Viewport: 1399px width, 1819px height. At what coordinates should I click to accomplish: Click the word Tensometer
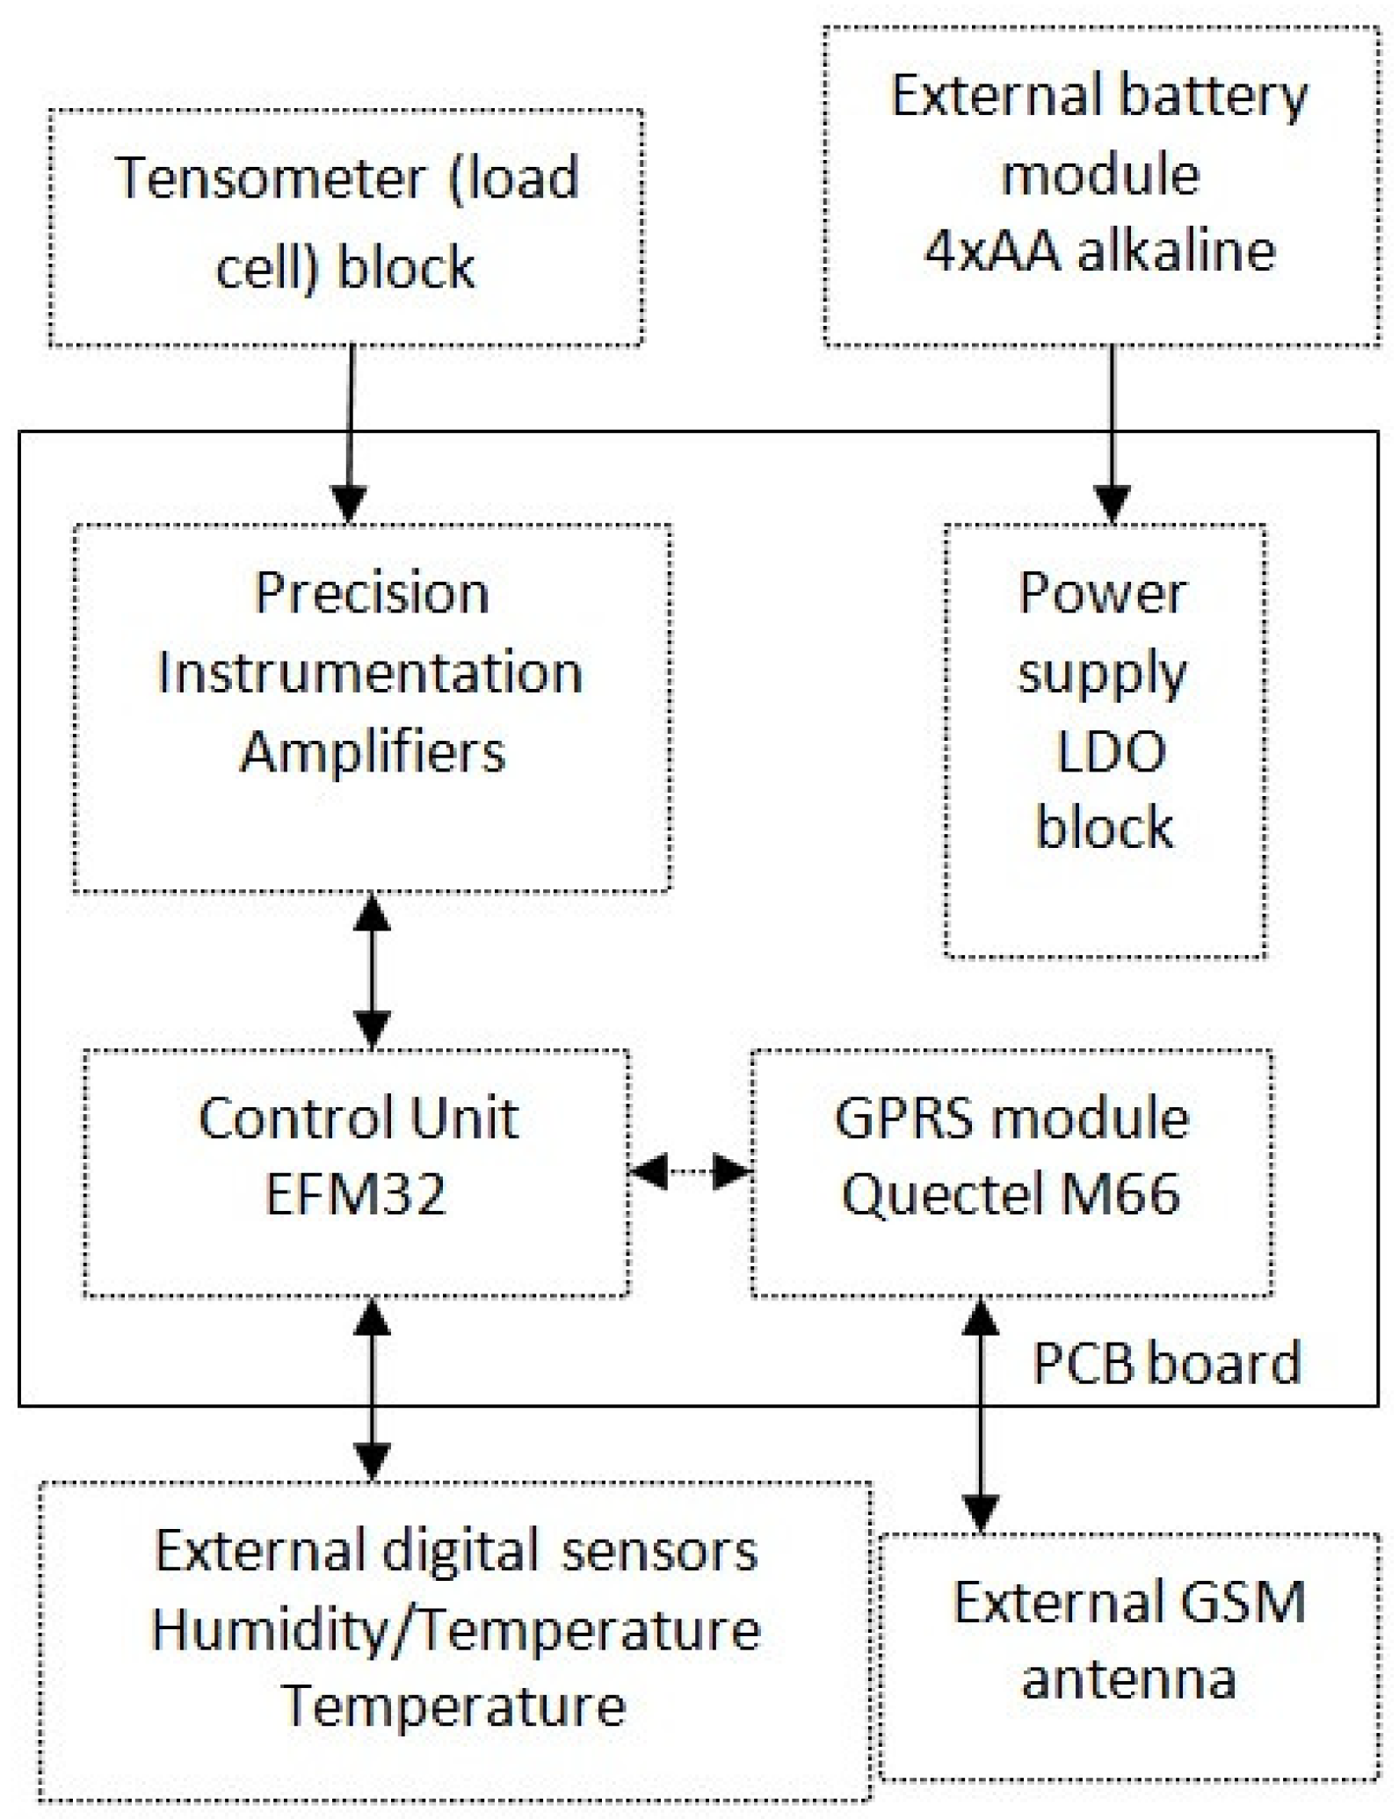click(271, 178)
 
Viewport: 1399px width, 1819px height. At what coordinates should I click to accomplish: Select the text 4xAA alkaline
click(1099, 251)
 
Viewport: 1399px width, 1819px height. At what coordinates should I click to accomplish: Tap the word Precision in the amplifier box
click(372, 593)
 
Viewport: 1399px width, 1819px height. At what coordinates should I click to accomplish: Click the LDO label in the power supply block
click(1110, 752)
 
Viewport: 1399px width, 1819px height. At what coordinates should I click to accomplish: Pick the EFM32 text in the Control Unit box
click(356, 1195)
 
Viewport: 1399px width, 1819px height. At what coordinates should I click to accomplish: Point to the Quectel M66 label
click(1011, 1195)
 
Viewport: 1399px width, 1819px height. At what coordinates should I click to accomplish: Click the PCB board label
click(1165, 1364)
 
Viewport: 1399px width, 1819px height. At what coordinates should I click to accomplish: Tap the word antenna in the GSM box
click(1128, 1679)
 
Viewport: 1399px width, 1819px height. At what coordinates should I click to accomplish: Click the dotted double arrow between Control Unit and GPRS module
click(690, 1171)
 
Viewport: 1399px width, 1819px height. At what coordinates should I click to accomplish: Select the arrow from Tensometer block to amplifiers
click(351, 431)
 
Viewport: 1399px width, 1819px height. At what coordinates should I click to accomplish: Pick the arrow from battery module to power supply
click(1113, 431)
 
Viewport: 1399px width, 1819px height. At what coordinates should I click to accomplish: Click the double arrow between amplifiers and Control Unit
click(373, 971)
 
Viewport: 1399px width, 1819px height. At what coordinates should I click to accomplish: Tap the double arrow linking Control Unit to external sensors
click(373, 1390)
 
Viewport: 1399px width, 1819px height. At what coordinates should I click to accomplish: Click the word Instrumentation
click(370, 674)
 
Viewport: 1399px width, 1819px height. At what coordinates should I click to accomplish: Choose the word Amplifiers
click(373, 753)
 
